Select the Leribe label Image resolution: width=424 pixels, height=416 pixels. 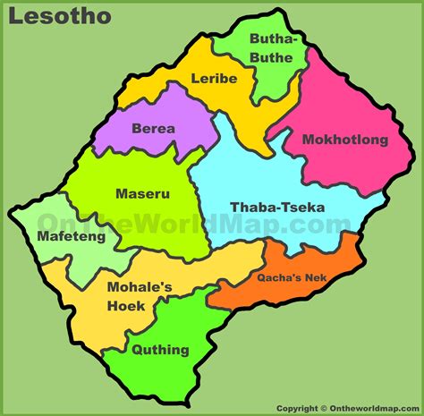(214, 79)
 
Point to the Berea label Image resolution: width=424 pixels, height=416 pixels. (154, 128)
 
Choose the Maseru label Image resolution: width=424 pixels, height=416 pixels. (142, 192)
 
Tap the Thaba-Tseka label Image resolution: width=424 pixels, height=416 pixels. (277, 208)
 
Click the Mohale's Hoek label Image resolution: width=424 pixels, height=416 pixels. (139, 296)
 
